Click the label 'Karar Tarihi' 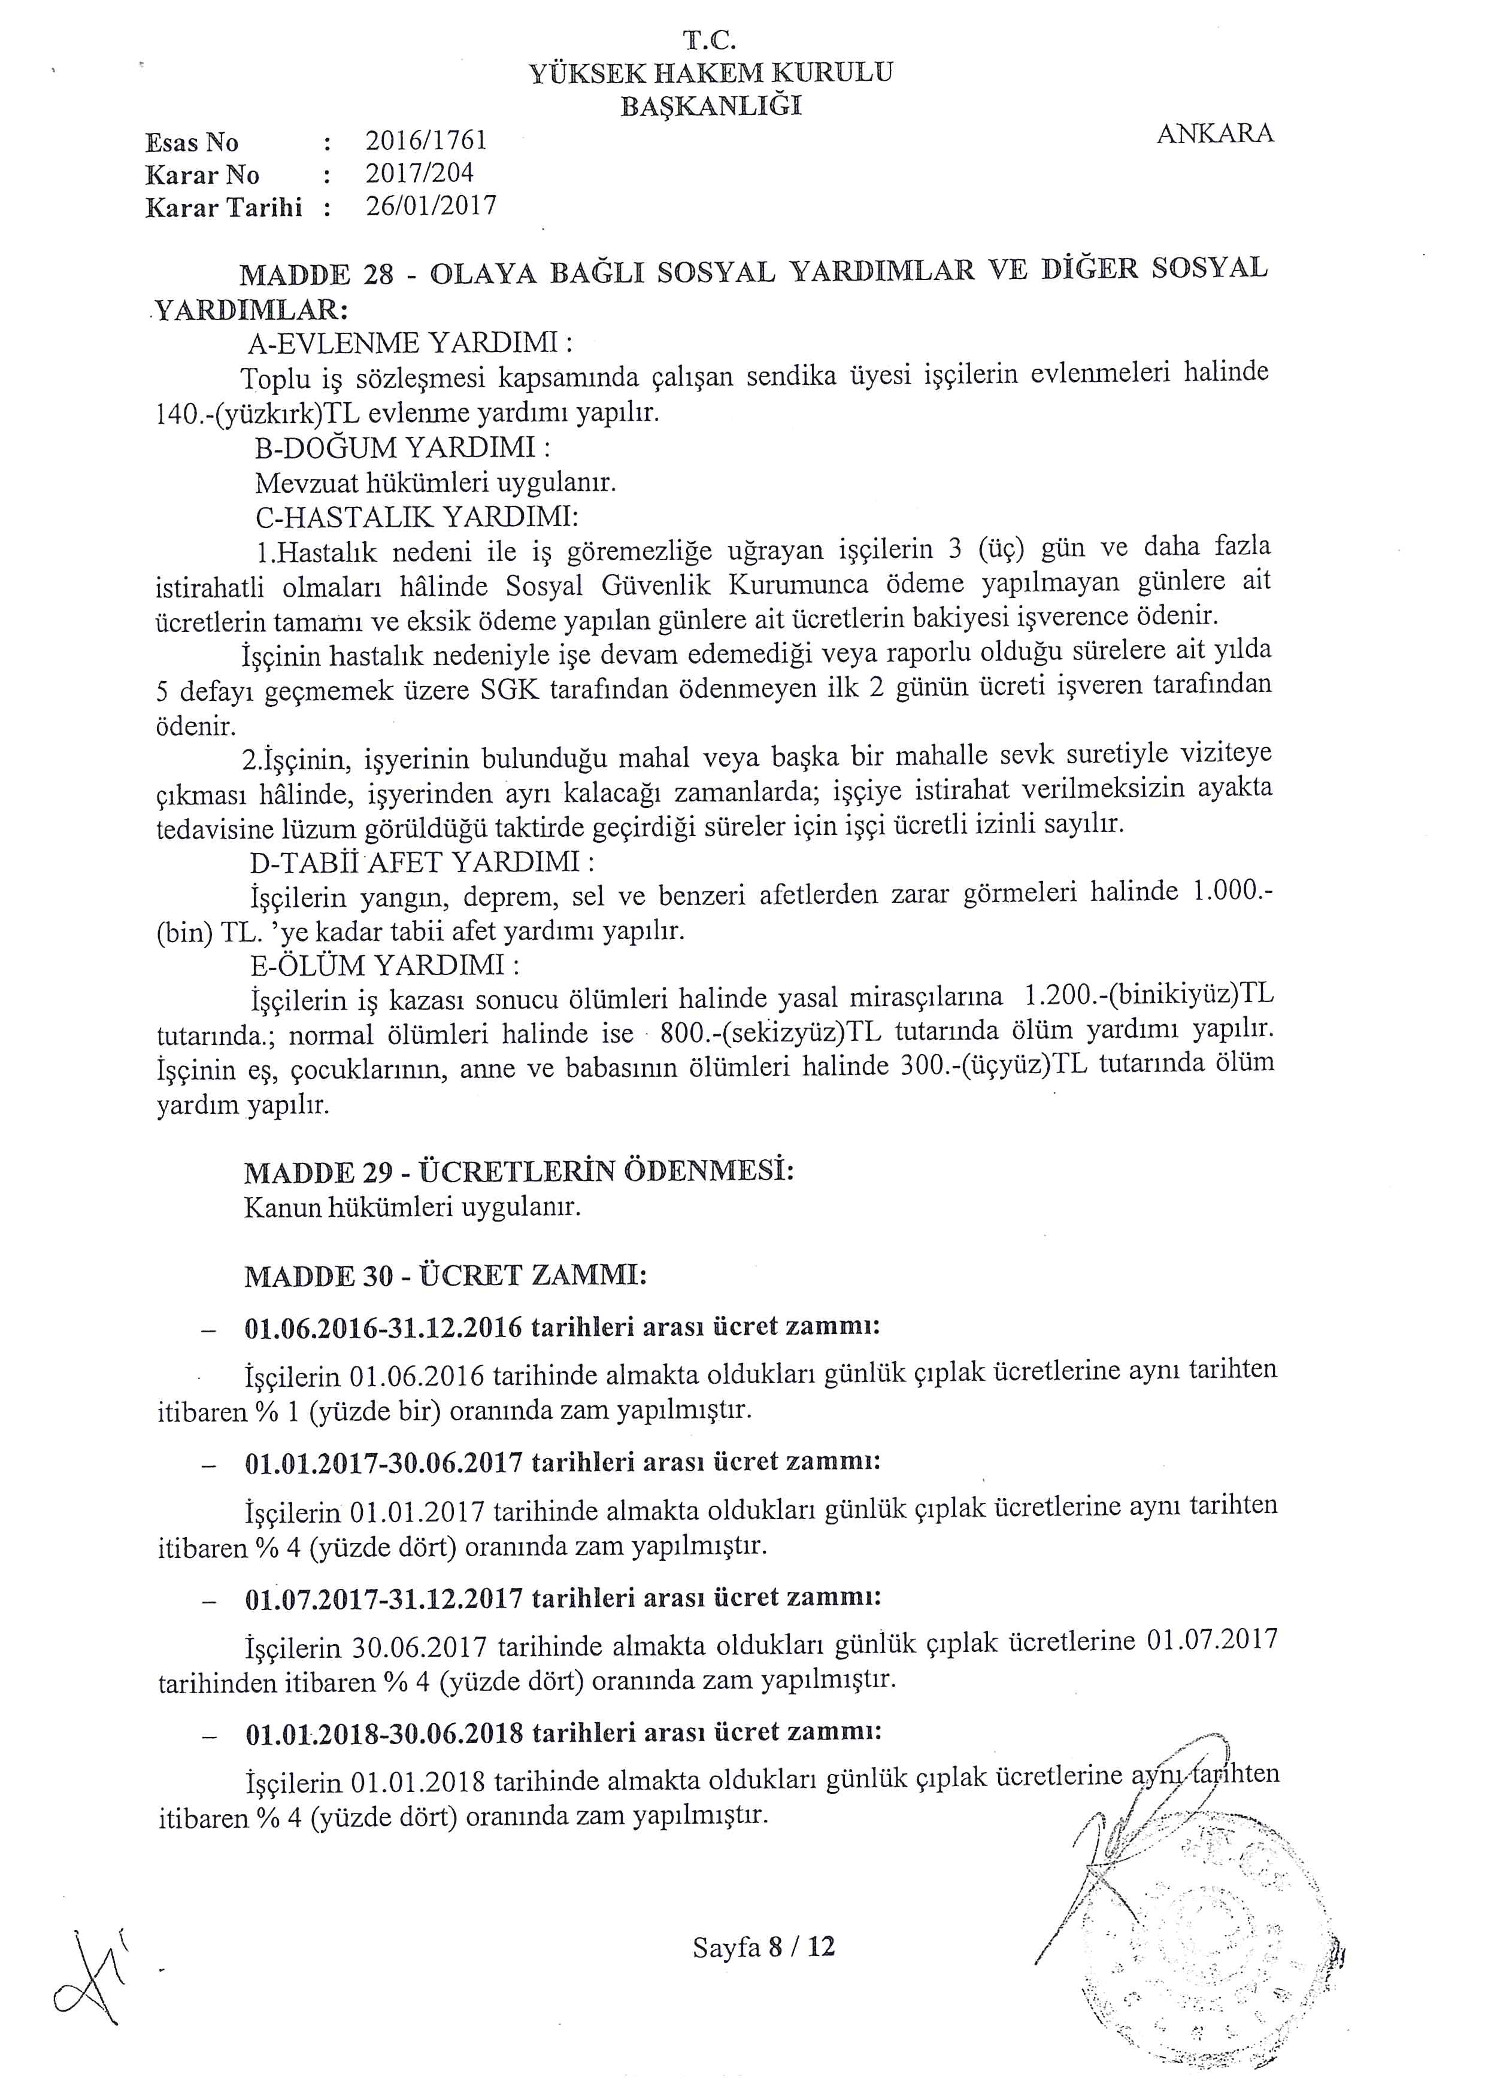223,208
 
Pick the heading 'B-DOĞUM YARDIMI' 402,448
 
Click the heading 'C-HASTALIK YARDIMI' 416,518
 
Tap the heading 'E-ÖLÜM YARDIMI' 386,965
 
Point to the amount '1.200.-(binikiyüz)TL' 1148,995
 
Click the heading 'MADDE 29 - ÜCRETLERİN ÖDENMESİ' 519,1172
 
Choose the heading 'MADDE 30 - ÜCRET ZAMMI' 445,1276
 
